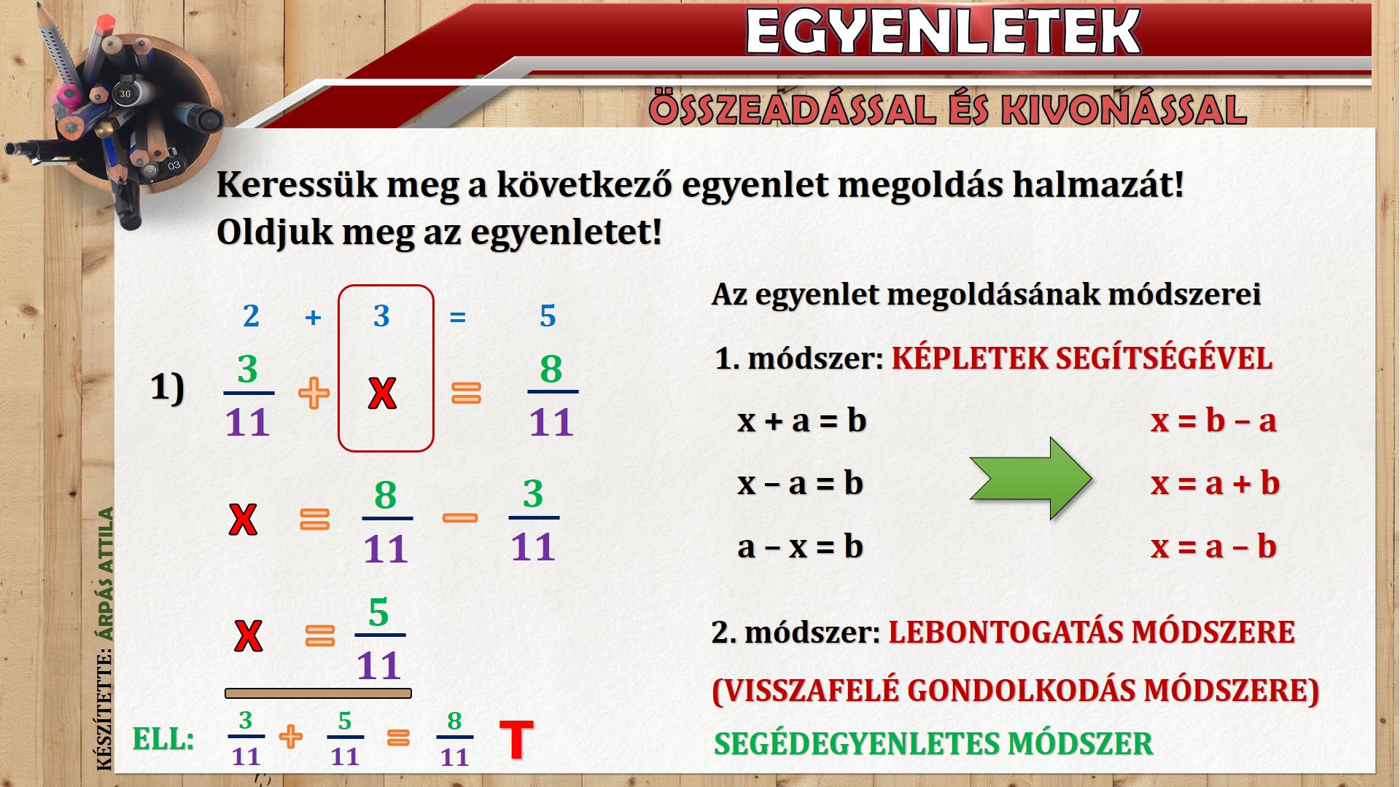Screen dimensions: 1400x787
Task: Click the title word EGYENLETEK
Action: (x=943, y=32)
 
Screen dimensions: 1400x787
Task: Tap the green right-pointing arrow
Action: (x=1030, y=478)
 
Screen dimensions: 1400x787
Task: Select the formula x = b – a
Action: (x=1213, y=420)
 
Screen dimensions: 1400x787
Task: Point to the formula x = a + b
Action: (x=1215, y=483)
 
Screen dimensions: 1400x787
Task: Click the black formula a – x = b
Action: (x=800, y=547)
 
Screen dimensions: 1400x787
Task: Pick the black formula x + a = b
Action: (x=801, y=420)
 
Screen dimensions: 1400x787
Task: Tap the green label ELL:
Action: (x=163, y=740)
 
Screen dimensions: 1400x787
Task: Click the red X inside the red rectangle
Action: (x=382, y=394)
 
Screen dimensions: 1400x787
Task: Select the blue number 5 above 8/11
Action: (x=548, y=316)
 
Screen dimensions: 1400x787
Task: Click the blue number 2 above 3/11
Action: (x=251, y=316)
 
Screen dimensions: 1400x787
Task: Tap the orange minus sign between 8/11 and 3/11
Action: (x=460, y=518)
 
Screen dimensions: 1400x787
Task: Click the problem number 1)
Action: (x=168, y=388)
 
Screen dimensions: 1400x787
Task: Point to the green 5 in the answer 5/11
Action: (x=378, y=612)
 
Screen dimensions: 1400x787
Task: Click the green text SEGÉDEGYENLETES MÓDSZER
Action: (x=933, y=744)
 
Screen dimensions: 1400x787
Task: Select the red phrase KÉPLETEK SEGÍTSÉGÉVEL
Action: (x=1082, y=359)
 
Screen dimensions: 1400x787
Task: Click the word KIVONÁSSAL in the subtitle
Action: (x=1124, y=109)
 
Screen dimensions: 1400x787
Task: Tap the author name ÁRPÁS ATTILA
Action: (x=106, y=574)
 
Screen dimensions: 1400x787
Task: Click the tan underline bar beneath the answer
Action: (x=318, y=694)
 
